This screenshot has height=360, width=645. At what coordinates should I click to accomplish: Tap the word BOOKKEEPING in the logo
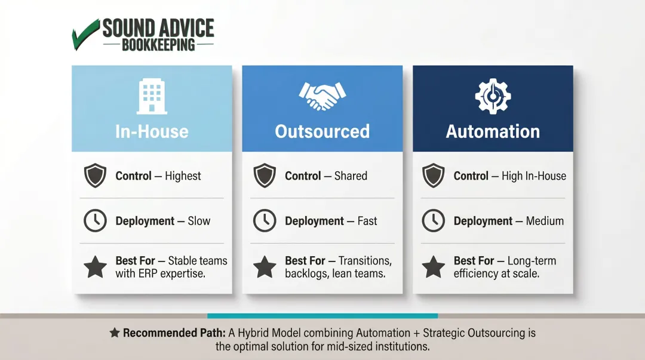click(x=158, y=45)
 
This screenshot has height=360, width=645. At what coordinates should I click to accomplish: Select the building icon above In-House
click(x=152, y=97)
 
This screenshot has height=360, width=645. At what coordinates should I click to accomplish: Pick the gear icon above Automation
click(x=493, y=97)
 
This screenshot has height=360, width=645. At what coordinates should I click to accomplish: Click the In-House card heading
click(x=152, y=131)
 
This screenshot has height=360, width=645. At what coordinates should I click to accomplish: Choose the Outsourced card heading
click(x=322, y=131)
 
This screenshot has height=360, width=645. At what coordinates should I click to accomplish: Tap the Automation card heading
click(x=493, y=131)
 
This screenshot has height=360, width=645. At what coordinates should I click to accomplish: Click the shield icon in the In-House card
click(x=95, y=176)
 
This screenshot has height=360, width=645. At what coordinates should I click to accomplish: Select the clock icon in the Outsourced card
click(x=265, y=221)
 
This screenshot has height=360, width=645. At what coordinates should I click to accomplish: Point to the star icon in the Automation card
click(x=434, y=267)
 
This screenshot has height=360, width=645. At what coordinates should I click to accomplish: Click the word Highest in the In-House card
click(x=183, y=176)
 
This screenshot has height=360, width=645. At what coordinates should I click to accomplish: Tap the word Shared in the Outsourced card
click(x=351, y=176)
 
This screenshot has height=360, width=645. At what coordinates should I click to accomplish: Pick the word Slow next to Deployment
click(x=199, y=221)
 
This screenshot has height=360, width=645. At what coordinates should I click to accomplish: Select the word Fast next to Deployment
click(x=367, y=221)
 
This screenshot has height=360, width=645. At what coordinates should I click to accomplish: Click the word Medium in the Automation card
click(x=545, y=221)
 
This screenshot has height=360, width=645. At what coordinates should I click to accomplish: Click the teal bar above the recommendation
click(x=322, y=316)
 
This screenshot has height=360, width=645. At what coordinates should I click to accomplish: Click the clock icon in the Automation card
click(x=434, y=221)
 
